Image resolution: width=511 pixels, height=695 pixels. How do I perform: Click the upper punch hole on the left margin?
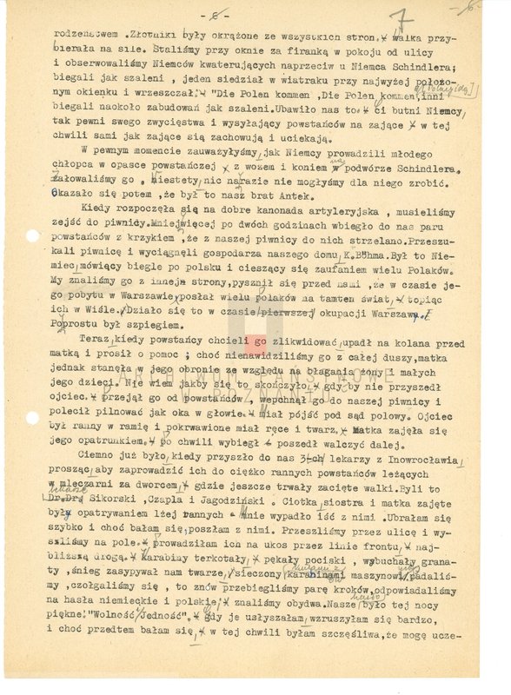coord(32,235)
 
